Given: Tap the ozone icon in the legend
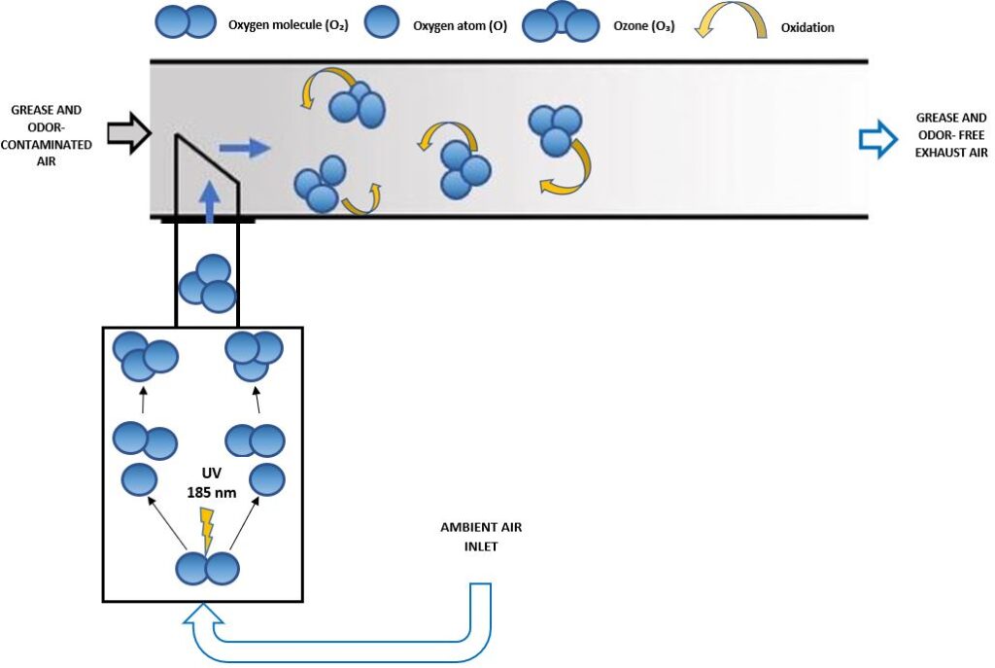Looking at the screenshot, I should pyautogui.click(x=561, y=23).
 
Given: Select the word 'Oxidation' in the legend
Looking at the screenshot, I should pyautogui.click(x=807, y=27).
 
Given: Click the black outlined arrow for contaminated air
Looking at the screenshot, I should pyautogui.click(x=130, y=132).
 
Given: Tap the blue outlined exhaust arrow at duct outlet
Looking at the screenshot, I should pyautogui.click(x=878, y=140).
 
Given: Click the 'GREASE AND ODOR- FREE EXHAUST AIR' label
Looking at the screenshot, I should pyautogui.click(x=951, y=133).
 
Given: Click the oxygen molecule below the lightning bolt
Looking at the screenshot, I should pyautogui.click(x=206, y=567).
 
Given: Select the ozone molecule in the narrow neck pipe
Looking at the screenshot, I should pyautogui.click(x=206, y=283).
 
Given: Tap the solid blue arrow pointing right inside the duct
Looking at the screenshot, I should pyautogui.click(x=244, y=148).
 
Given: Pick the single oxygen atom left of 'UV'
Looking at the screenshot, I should pyautogui.click(x=139, y=479).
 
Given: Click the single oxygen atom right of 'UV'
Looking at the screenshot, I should pyautogui.click(x=266, y=479).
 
